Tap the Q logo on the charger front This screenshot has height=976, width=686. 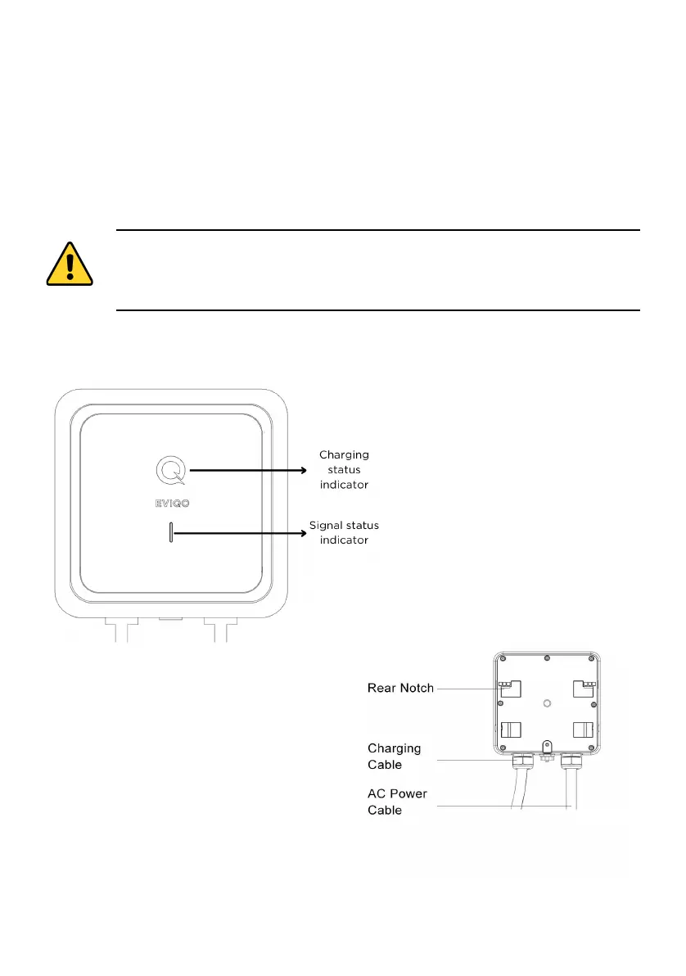point(170,470)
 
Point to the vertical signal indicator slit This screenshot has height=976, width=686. point(170,533)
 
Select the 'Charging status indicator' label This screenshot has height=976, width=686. point(344,469)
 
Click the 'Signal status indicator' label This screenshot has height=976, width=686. point(344,532)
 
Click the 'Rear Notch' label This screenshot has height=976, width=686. point(400,689)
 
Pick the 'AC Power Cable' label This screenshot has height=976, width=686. point(396,802)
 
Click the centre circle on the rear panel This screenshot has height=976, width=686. point(545,702)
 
